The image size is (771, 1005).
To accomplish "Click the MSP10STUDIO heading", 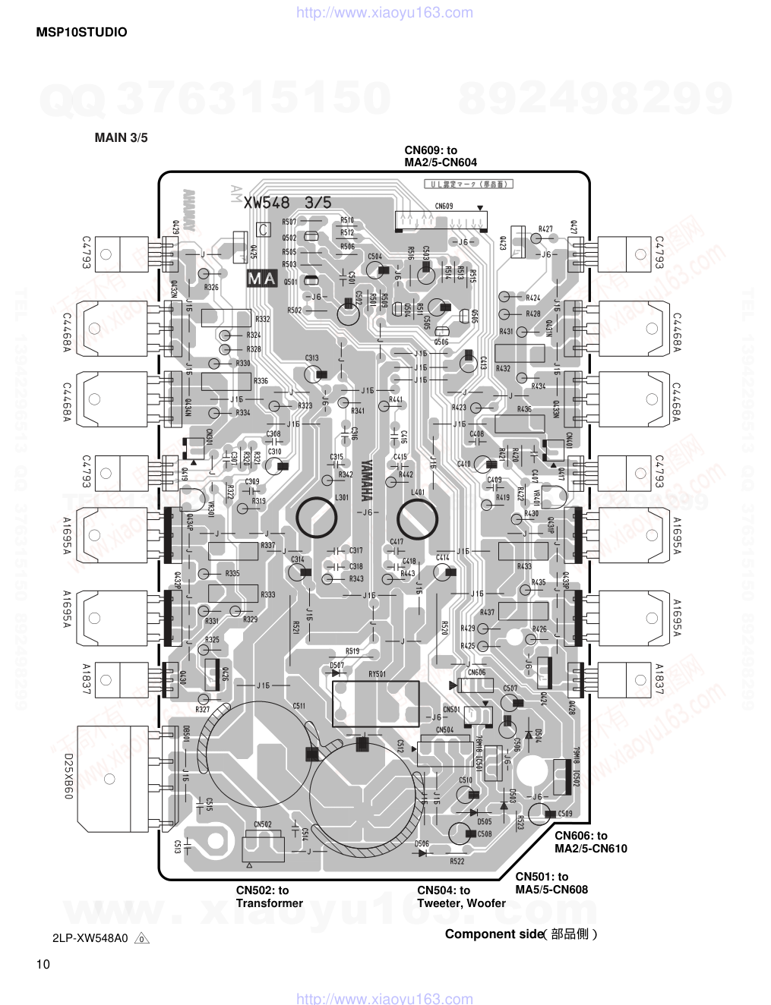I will click(x=81, y=32).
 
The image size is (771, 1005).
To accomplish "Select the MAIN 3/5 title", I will click(x=121, y=137).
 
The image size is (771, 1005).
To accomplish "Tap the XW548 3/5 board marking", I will click(x=287, y=203).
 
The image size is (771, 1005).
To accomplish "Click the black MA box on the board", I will click(x=262, y=279).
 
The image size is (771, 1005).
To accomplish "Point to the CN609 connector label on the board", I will click(x=444, y=206).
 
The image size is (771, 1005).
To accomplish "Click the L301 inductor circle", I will click(x=316, y=518).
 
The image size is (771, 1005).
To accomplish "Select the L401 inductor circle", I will click(x=417, y=519).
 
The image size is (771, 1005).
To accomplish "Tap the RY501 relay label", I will click(x=377, y=674).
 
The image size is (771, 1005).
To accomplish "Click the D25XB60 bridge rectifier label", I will click(x=68, y=776).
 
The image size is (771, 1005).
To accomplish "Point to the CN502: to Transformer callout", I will click(x=269, y=896).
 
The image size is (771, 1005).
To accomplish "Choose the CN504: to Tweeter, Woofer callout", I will click(x=461, y=896).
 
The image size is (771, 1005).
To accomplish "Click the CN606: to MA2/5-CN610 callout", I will click(x=590, y=842).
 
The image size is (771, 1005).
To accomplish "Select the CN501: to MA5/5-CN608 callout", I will click(x=551, y=883).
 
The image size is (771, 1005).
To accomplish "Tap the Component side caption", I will click(x=521, y=934).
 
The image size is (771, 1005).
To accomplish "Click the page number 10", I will click(x=43, y=964).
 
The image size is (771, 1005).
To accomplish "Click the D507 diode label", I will click(x=337, y=665).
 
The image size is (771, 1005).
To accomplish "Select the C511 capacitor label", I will click(x=299, y=706).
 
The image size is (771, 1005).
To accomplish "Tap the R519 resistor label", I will click(x=352, y=651).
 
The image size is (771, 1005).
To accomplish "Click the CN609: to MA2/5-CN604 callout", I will click(x=441, y=156).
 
